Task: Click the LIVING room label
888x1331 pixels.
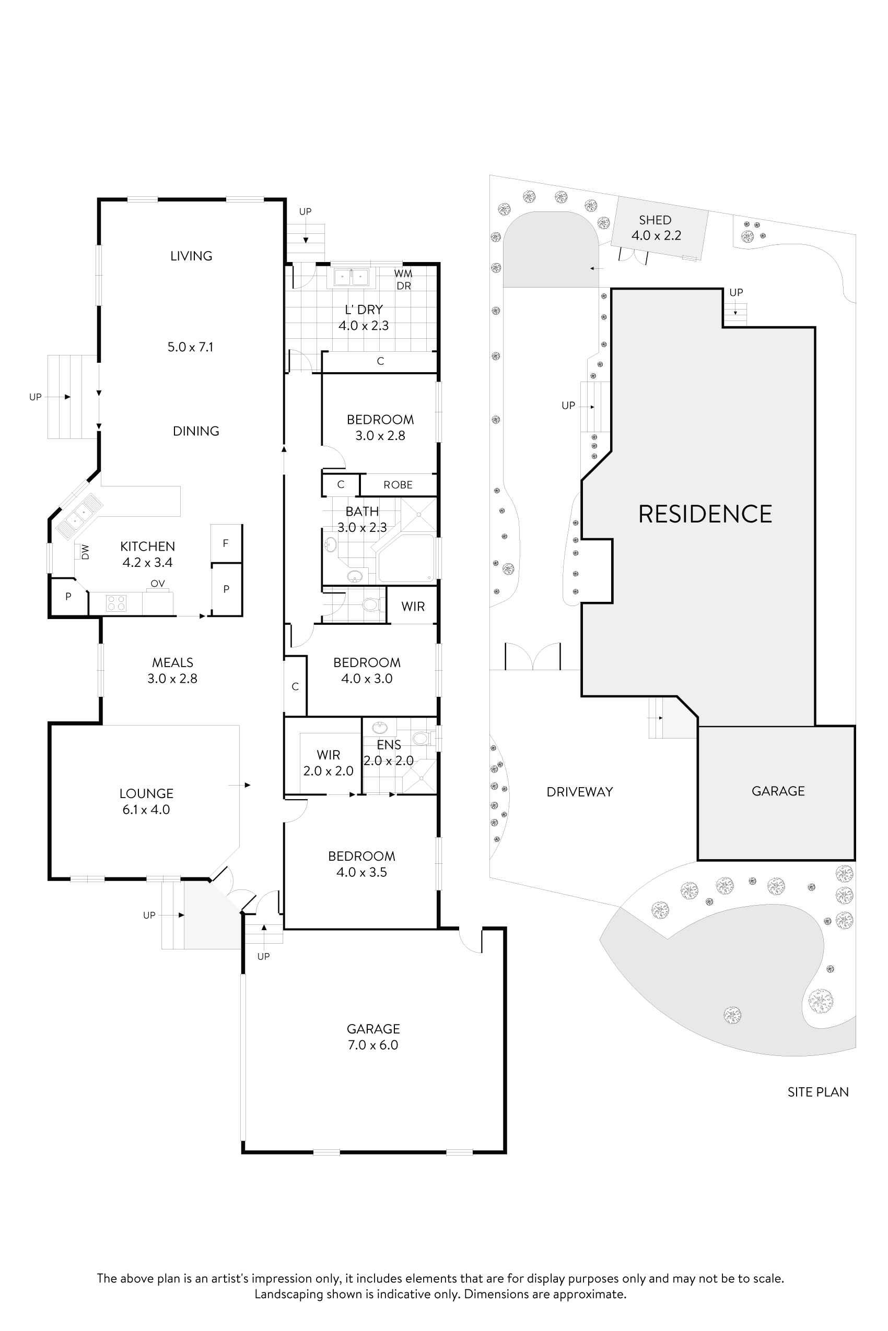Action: [191, 256]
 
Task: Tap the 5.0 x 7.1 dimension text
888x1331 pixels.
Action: [190, 347]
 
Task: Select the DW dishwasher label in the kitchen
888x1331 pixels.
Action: [86, 552]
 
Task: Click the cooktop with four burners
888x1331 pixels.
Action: [116, 603]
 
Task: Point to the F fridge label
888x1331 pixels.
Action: [226, 543]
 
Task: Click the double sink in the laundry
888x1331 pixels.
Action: [351, 278]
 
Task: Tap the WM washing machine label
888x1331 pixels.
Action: [403, 274]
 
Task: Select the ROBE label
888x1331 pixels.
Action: [398, 485]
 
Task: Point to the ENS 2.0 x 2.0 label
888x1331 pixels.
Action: [389, 753]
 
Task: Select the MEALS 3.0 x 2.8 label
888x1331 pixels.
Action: [172, 671]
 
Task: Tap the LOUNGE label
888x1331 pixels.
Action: [146, 793]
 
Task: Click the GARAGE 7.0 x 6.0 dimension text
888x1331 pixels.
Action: [372, 1044]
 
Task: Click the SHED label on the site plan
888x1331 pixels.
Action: [655, 220]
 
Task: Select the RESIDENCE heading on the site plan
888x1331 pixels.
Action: [705, 514]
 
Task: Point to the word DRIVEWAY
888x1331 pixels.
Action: [579, 792]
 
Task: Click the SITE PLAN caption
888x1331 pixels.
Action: [818, 1092]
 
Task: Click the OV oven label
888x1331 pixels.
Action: [157, 584]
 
